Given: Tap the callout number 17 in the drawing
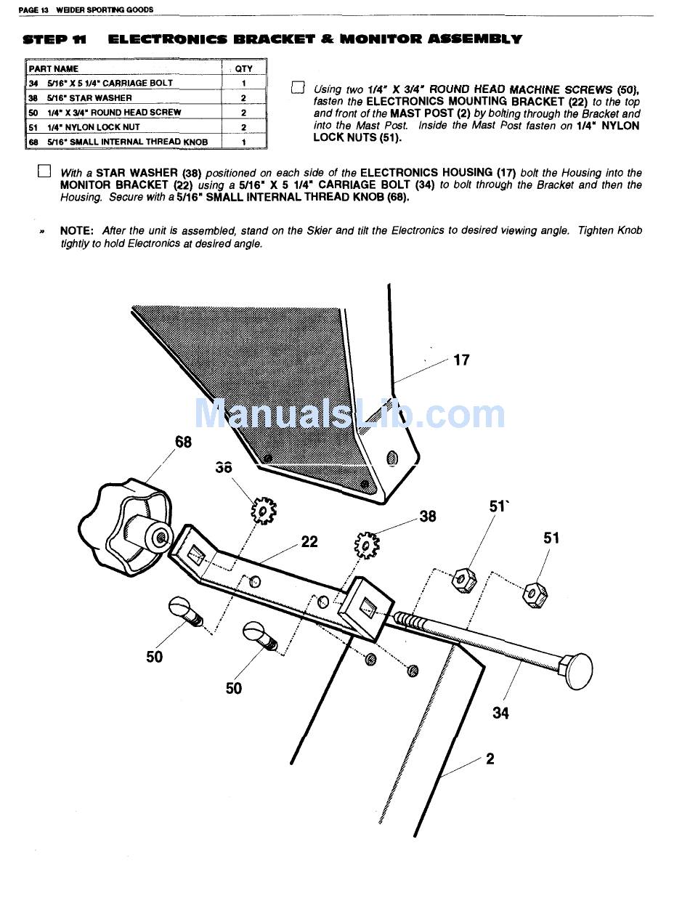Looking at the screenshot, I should pyautogui.click(x=461, y=360).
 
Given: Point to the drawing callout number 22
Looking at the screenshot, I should pyautogui.click(x=309, y=542).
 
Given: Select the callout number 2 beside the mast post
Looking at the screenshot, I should pyautogui.click(x=490, y=759).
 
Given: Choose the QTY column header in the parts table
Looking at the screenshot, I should pyautogui.click(x=244, y=68).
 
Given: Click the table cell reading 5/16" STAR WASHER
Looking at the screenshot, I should pyautogui.click(x=90, y=98).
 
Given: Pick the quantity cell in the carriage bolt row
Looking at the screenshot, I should pyautogui.click(x=244, y=83).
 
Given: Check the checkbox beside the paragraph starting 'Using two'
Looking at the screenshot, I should pyautogui.click(x=297, y=89).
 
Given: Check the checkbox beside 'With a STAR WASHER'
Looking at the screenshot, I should pyautogui.click(x=44, y=172).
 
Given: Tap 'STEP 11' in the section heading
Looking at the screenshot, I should pyautogui.click(x=55, y=39).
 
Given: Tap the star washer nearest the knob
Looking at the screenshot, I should pyautogui.click(x=263, y=511).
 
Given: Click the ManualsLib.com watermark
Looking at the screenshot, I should pyautogui.click(x=349, y=414).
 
